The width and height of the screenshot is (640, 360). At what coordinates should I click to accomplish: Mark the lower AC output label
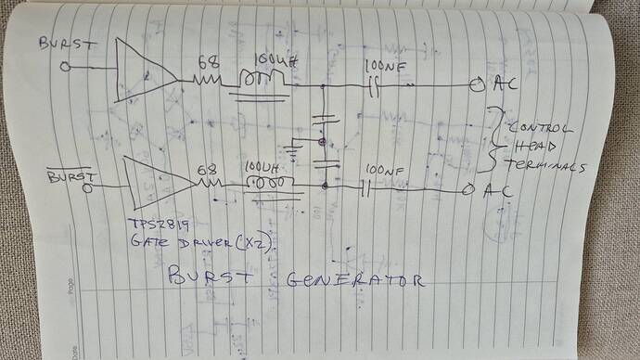coord(493,192)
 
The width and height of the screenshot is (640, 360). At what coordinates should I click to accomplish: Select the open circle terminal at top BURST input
coord(65,68)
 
